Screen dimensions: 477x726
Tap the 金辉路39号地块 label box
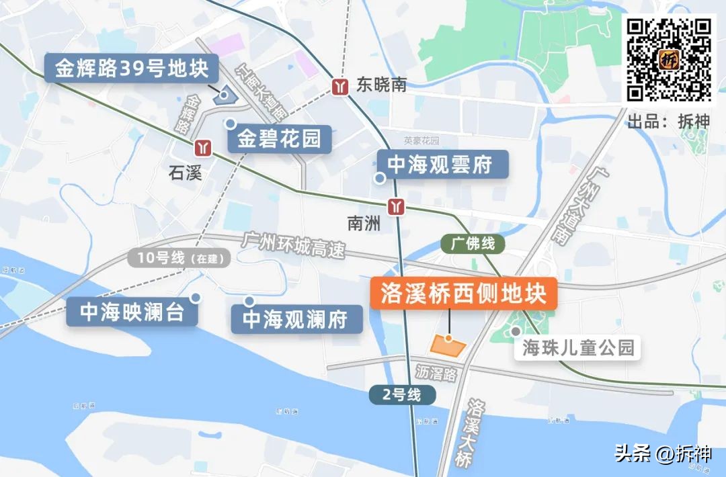coord(132,69)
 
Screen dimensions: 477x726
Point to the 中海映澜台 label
coord(132,312)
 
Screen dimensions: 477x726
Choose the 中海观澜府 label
coord(296,319)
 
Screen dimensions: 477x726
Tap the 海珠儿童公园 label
coord(579,348)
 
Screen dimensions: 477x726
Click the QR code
coord(669,59)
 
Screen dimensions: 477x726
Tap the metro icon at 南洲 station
coord(397,206)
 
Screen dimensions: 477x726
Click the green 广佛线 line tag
coord(472,243)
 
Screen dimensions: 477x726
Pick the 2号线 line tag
coord(401,395)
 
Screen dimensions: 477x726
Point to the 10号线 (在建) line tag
coord(178,257)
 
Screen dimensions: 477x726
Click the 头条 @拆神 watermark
coord(661,453)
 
